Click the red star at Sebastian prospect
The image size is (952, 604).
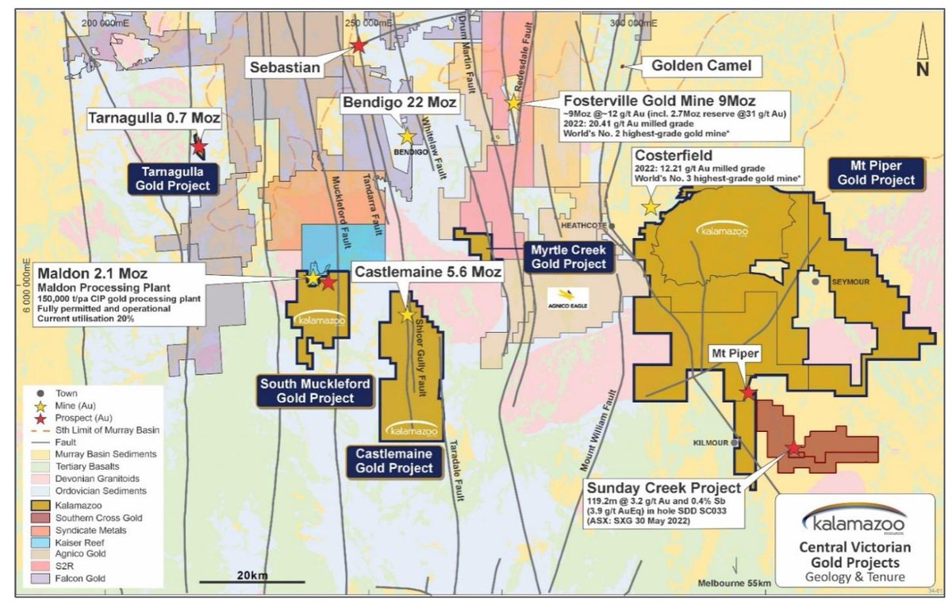tap(359, 46)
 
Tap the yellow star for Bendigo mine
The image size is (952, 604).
tap(407, 136)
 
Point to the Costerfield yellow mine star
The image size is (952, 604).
tap(650, 207)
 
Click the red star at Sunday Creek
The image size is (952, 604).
tap(793, 449)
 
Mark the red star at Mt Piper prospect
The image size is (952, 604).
tap(747, 392)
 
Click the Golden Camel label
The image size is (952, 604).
tap(701, 66)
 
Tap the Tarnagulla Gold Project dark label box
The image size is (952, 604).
tap(173, 178)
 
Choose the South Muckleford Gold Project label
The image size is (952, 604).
tap(315, 391)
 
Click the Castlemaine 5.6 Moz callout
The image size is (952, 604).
tap(428, 273)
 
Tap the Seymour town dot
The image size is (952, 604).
tap(815, 281)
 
